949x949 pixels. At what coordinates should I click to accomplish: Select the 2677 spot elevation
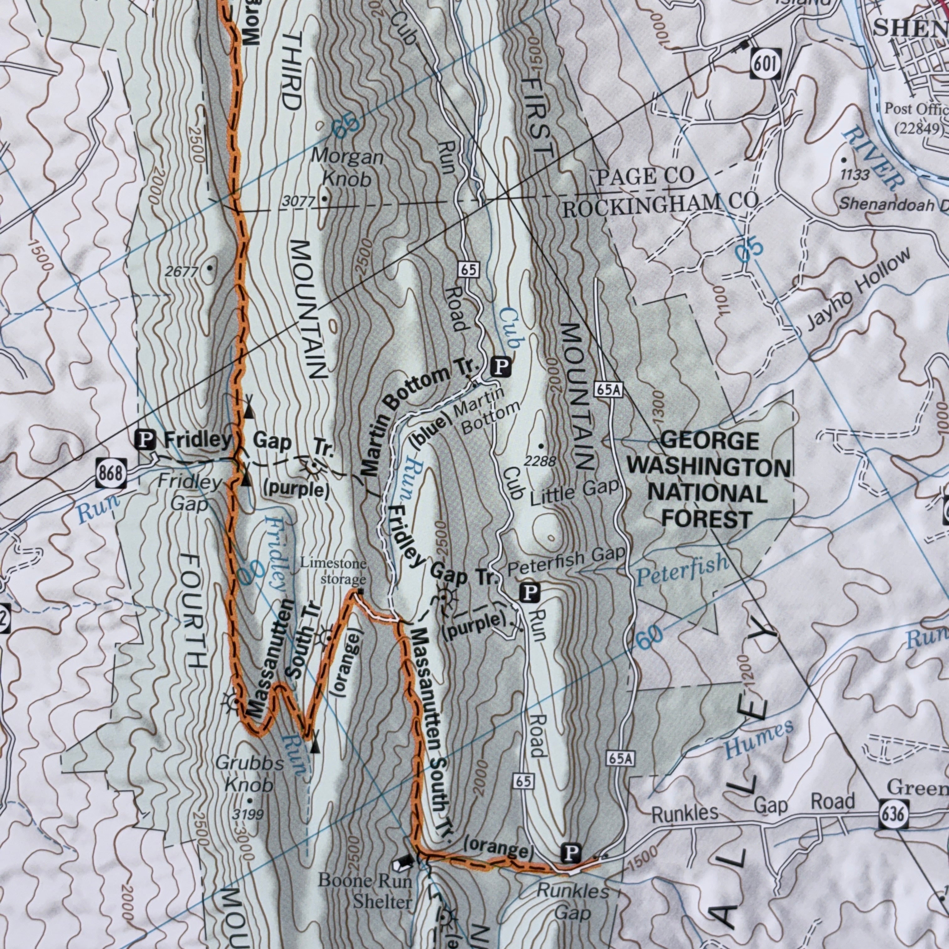tap(181, 271)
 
